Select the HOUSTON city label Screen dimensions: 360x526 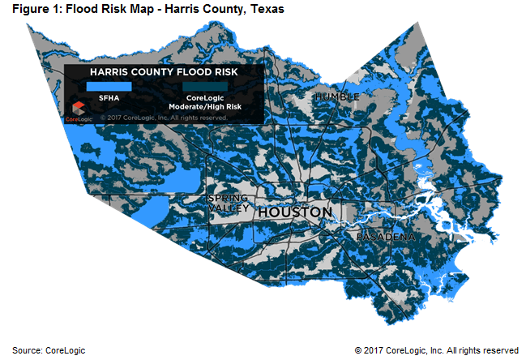point(294,212)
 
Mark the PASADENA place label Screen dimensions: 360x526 point(386,237)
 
